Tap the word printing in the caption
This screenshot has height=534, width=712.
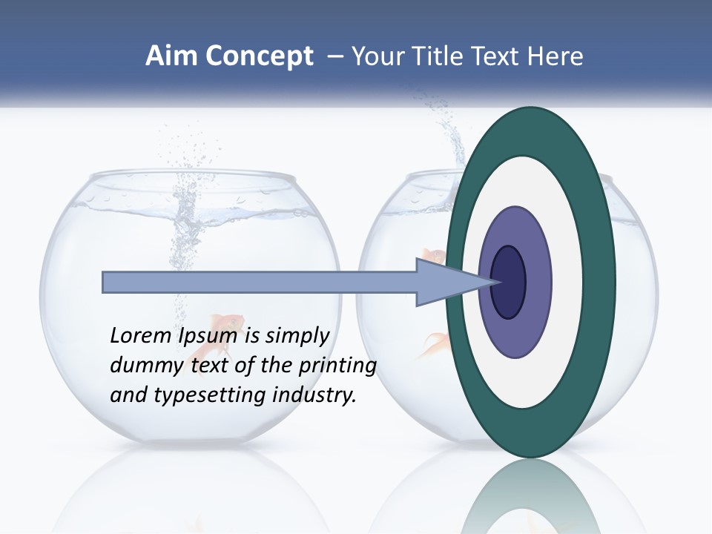(x=337, y=366)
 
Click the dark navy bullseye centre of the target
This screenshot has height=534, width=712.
(x=508, y=283)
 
